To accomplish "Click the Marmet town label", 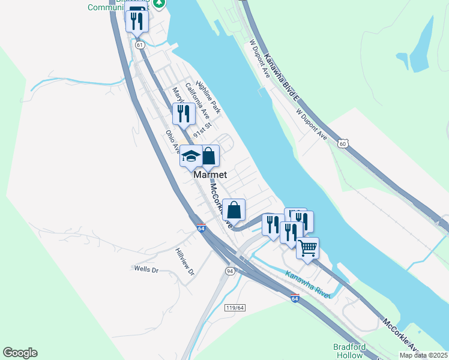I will point(210,175).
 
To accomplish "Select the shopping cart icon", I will point(307,247).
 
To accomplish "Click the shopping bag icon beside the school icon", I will point(208,156).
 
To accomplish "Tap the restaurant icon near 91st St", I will point(184,113).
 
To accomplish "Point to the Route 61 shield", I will point(140,45).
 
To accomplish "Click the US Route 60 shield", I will point(342,143).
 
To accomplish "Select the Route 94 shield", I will point(230,271).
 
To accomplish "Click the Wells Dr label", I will point(146,270).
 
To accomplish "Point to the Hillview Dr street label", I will point(185,262).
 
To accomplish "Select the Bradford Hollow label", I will point(349,351).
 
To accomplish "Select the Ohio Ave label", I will point(173,140).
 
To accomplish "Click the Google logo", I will point(20,353).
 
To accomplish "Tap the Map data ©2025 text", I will point(423,355).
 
